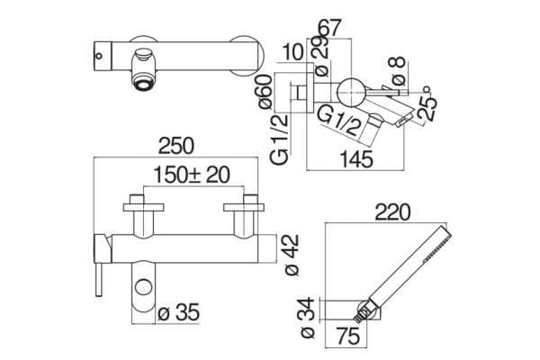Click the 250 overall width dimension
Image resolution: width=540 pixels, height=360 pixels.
tap(176, 146)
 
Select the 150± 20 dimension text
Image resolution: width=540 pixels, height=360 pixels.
tap(192, 175)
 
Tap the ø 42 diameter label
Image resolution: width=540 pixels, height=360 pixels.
tap(292, 256)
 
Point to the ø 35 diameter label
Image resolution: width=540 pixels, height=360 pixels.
tap(179, 312)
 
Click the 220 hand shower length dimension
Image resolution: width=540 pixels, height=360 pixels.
tap(393, 211)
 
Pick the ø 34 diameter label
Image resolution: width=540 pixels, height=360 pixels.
tap(308, 318)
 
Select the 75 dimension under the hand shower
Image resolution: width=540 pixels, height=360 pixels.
tap(348, 336)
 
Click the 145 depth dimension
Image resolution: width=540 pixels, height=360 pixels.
tap(356, 159)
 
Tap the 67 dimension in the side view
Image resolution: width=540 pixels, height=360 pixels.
tap(330, 27)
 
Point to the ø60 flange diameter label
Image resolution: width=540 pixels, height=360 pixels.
tap(266, 92)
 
